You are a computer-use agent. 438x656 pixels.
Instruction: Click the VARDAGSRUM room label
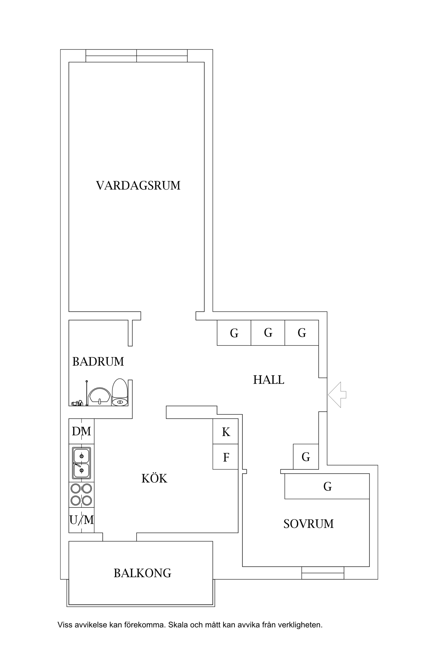(x=138, y=185)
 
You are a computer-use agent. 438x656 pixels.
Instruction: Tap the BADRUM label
(x=98, y=362)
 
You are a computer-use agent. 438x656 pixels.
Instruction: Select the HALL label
(x=268, y=380)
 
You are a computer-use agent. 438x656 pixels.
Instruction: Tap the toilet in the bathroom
(x=120, y=393)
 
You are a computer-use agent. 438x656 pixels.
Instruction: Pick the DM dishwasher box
(x=81, y=431)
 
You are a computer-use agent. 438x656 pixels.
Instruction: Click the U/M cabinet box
(x=81, y=520)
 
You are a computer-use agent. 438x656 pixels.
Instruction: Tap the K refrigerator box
(x=225, y=432)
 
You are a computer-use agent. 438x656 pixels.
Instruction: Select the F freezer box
(x=225, y=457)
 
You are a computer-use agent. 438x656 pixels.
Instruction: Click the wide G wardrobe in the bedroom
(x=327, y=486)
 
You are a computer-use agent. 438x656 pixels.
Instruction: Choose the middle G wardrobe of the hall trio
(x=268, y=333)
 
